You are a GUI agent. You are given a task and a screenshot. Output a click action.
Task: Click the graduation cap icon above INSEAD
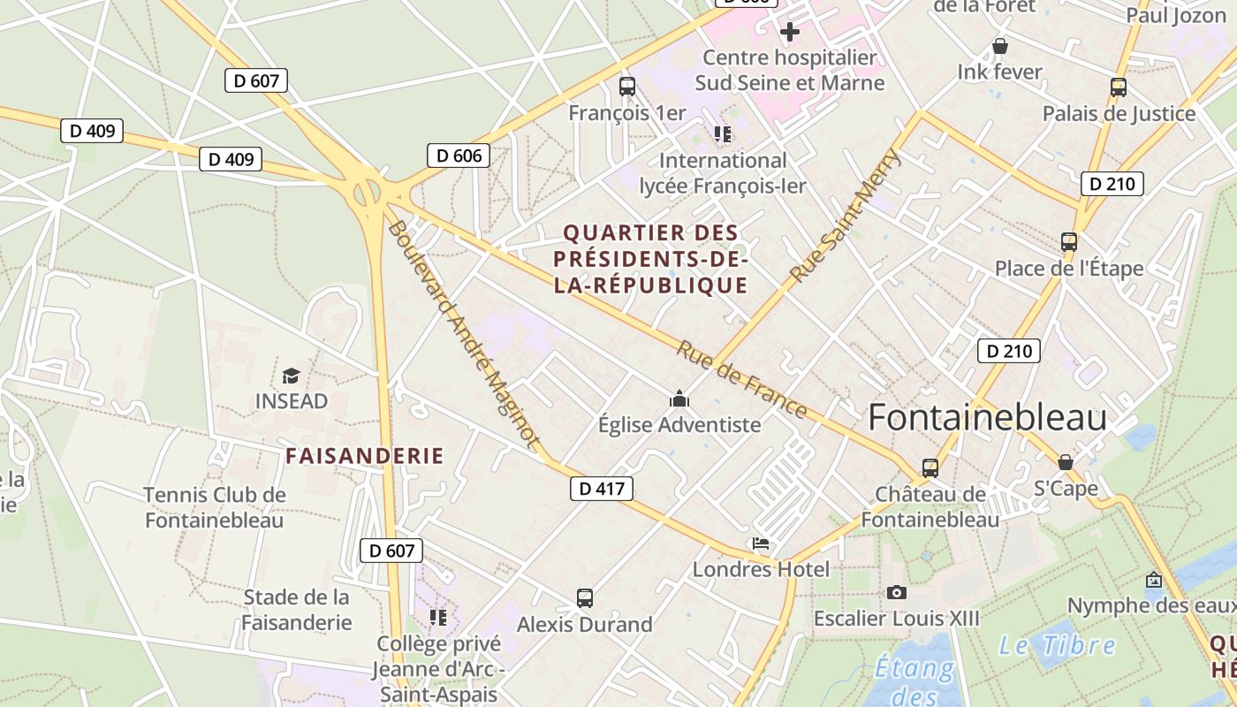pyautogui.click(x=291, y=376)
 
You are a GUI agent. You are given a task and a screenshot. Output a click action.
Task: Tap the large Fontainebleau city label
pyautogui.click(x=987, y=417)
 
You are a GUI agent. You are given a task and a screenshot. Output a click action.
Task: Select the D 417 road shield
pyautogui.click(x=602, y=489)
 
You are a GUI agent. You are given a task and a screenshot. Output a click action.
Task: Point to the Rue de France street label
pyautogui.click(x=741, y=379)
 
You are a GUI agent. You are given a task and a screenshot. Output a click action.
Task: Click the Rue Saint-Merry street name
pyautogui.click(x=845, y=217)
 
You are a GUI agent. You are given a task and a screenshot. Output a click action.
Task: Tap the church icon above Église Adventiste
pyautogui.click(x=679, y=399)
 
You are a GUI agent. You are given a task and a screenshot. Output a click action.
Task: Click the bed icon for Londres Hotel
pyautogui.click(x=761, y=544)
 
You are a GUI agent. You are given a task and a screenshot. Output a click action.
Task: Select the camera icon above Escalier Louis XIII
pyautogui.click(x=897, y=592)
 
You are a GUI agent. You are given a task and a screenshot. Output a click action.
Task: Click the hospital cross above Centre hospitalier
pyautogui.click(x=789, y=33)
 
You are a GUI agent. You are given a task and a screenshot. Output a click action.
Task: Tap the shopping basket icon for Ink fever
pyautogui.click(x=1000, y=46)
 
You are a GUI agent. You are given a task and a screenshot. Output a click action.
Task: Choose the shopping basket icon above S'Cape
pyautogui.click(x=1066, y=462)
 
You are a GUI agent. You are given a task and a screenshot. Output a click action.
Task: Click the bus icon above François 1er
pyautogui.click(x=627, y=87)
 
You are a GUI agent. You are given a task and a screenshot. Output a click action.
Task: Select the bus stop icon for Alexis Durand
pyautogui.click(x=584, y=598)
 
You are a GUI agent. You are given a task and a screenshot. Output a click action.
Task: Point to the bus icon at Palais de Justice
pyautogui.click(x=1119, y=87)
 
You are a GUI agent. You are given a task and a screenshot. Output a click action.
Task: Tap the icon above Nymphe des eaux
pyautogui.click(x=1154, y=581)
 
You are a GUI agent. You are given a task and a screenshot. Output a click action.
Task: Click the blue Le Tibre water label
pyautogui.click(x=1057, y=645)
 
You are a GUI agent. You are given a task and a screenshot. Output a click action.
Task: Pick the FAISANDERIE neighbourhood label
pyautogui.click(x=364, y=456)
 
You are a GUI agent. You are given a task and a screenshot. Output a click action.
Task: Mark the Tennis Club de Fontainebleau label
pyautogui.click(x=215, y=507)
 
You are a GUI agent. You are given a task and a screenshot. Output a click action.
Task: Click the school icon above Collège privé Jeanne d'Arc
pyautogui.click(x=438, y=616)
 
